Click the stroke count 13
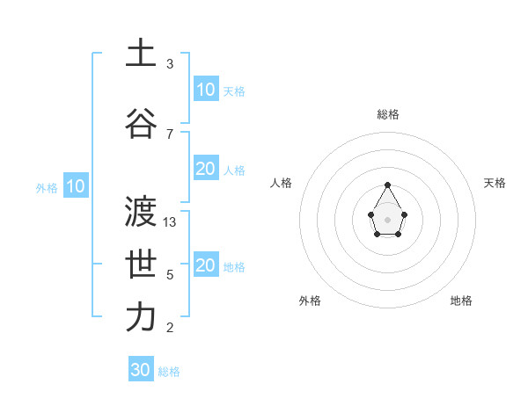tap(171, 222)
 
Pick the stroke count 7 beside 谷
tap(170, 134)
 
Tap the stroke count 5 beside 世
tap(170, 275)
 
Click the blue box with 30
tap(141, 370)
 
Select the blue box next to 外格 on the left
tap(75, 186)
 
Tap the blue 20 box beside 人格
tap(206, 169)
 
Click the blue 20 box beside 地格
tap(206, 265)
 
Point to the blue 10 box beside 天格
tap(206, 90)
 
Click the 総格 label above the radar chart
tap(388, 114)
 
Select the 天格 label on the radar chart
tap(495, 183)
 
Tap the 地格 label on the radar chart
tap(461, 301)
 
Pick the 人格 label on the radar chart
tap(282, 183)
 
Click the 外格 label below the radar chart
tap(310, 301)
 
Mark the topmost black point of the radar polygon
tap(388, 185)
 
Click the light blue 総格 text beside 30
tap(169, 372)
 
